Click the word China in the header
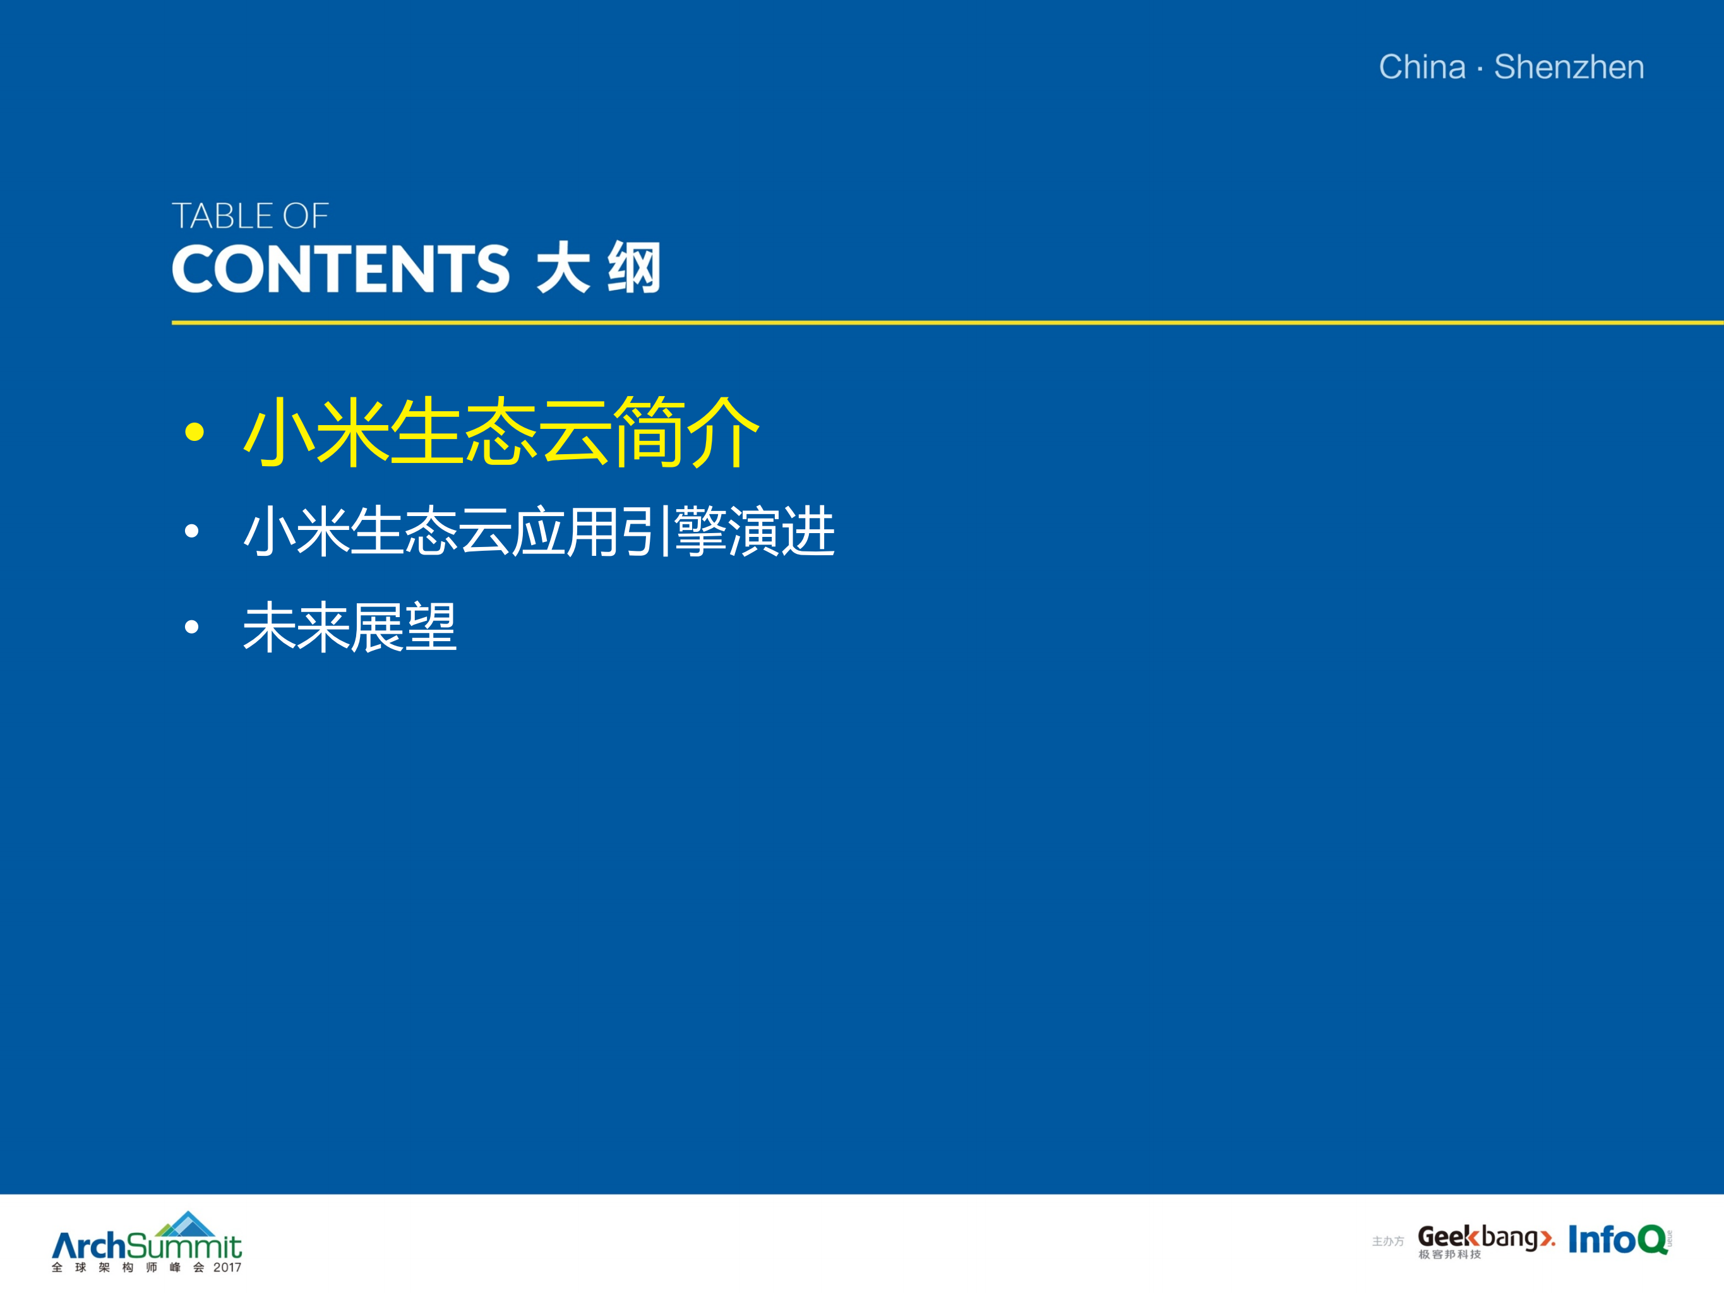pos(1422,67)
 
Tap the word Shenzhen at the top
pos(1569,67)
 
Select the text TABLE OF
pos(250,217)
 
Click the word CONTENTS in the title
pos(340,269)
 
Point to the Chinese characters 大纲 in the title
pos(599,269)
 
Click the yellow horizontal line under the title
pos(935,322)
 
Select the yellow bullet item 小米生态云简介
pos(501,432)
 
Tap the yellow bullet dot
pos(194,432)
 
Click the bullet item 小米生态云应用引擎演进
pos(539,532)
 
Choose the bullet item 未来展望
pos(349,627)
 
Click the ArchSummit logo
pos(147,1244)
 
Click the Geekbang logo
pos(1485,1237)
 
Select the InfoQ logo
pos(1617,1239)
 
